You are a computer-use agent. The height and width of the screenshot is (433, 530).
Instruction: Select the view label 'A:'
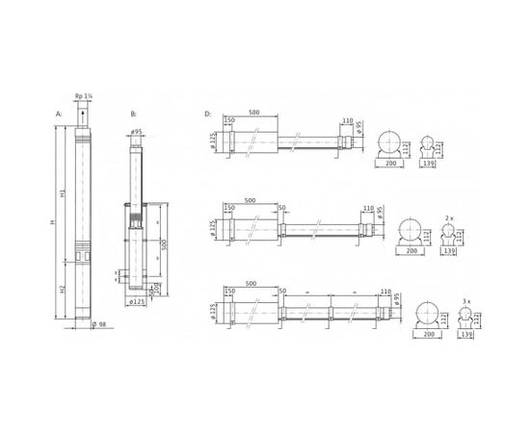click(59, 115)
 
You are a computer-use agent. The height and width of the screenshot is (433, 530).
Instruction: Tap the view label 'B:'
click(133, 115)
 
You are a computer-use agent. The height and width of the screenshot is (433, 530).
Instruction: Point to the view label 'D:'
click(207, 115)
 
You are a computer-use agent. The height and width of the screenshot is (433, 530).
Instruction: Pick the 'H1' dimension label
click(64, 196)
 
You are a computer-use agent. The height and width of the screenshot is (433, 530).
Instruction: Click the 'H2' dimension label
click(64, 288)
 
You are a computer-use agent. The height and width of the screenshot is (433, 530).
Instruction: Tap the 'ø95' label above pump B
click(137, 132)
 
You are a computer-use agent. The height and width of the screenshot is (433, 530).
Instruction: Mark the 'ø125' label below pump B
click(138, 302)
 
